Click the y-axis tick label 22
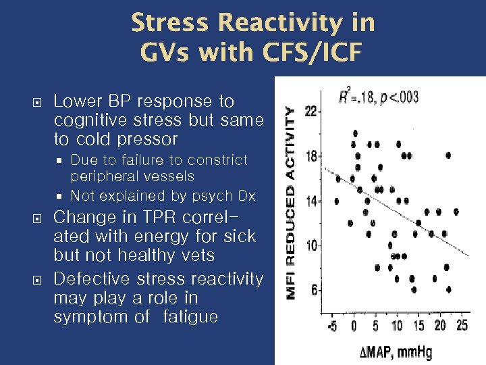pos(311,112)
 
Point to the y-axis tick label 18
pos(311,156)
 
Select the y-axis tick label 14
pos(311,201)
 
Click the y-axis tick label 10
pos(311,245)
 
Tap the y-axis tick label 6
pos(314,290)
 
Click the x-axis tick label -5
pos(333,326)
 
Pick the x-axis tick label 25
pos(461,326)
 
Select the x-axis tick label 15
pos(418,326)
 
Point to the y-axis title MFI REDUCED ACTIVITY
pos(291,203)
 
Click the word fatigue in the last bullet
pos(190,316)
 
